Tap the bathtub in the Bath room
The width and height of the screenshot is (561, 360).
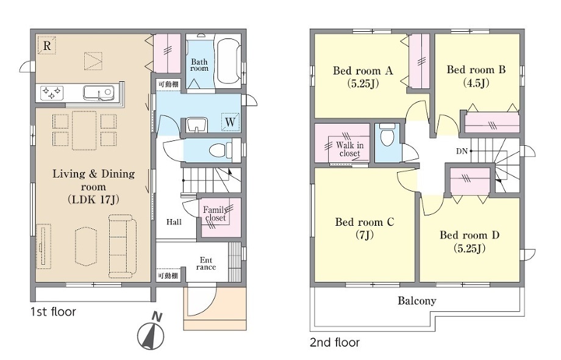227,61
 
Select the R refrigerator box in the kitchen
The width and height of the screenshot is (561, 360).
47,45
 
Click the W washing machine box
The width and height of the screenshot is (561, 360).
230,122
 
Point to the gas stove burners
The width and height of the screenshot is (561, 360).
51,93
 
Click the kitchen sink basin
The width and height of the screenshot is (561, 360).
98,93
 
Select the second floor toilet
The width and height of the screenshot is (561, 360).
387,135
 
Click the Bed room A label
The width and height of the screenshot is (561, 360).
363,71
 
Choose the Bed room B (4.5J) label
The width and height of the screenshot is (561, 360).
476,76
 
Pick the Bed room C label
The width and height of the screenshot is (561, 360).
365,222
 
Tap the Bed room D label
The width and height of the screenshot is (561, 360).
470,235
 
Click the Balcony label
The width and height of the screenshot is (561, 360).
417,301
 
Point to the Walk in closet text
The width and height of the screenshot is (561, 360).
349,149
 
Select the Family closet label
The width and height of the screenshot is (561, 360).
215,214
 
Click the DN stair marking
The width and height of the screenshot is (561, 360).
462,151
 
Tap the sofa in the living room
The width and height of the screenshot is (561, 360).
123,245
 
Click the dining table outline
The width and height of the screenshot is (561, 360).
84,130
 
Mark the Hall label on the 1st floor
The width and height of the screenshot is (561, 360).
174,222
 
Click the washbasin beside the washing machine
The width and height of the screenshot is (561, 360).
196,125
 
